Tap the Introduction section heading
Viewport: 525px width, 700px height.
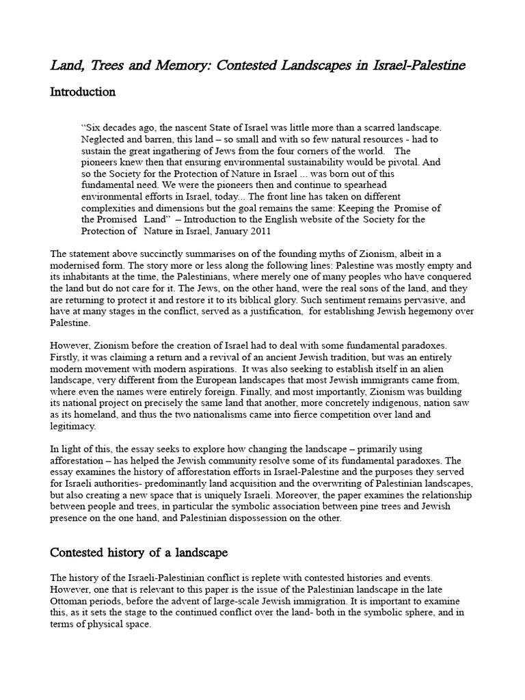(x=83, y=92)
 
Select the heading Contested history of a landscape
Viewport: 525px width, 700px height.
(x=139, y=552)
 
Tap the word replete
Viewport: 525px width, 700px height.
(x=270, y=578)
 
